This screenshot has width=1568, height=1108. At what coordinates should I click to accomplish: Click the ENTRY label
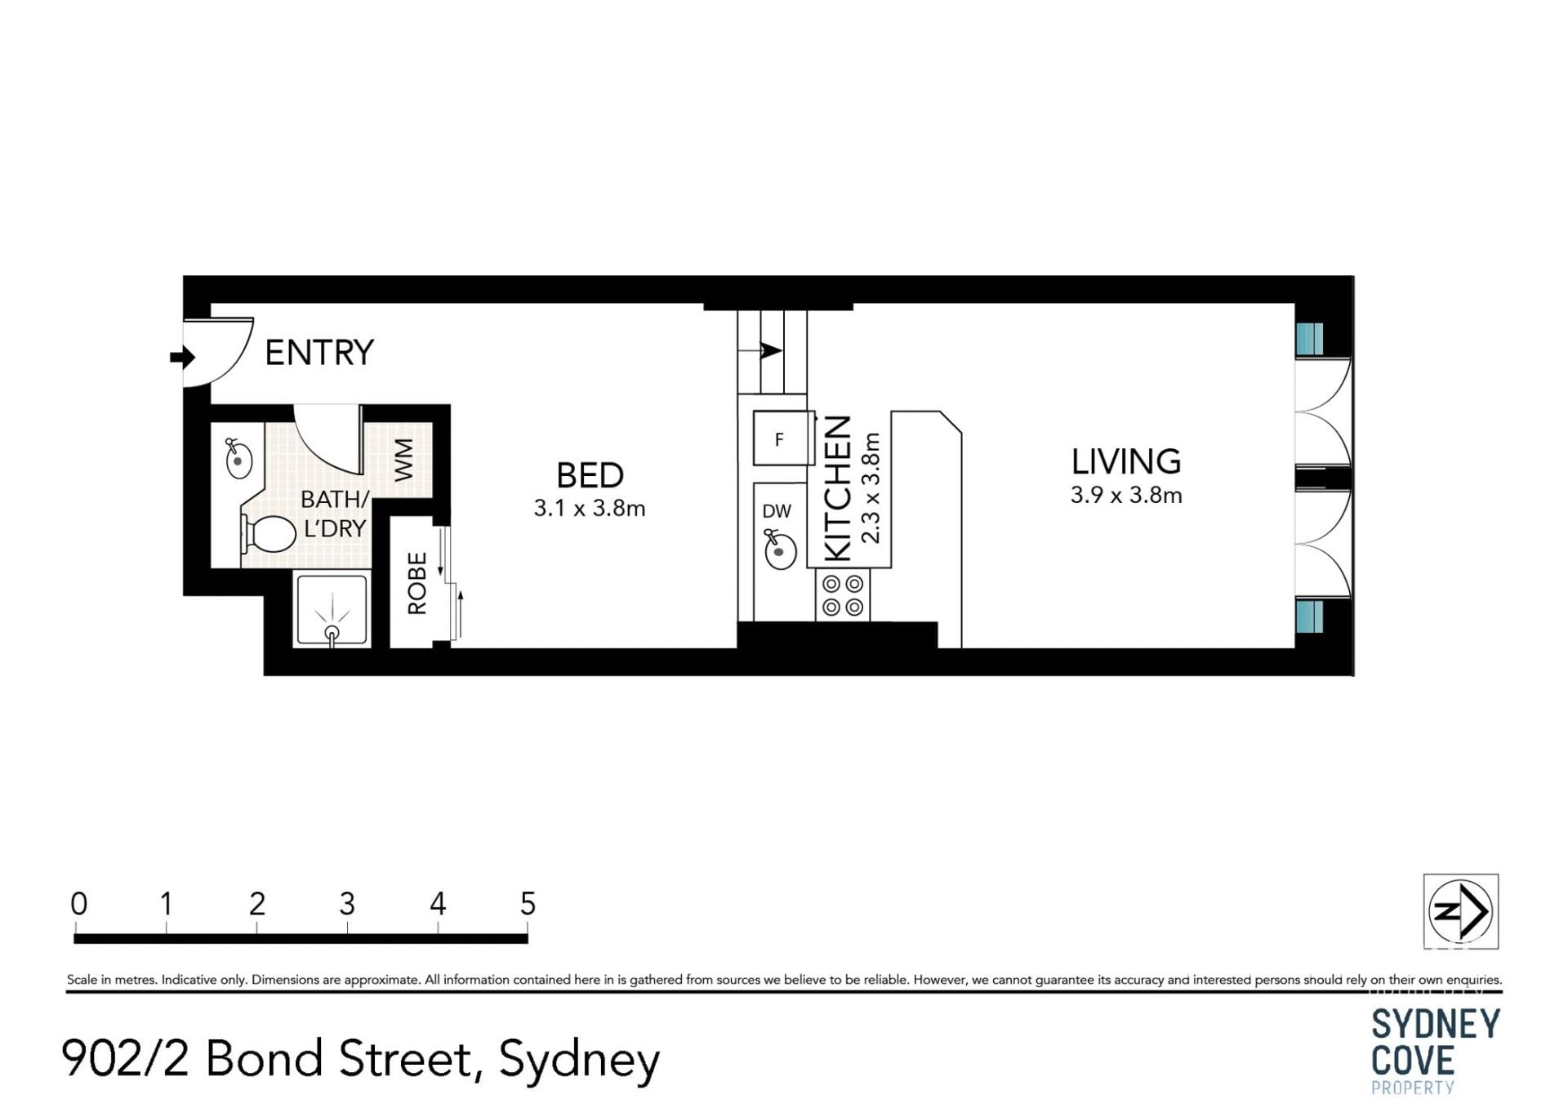319,353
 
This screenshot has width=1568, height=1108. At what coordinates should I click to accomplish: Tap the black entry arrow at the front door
182,357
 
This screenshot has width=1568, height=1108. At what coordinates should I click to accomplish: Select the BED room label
590,475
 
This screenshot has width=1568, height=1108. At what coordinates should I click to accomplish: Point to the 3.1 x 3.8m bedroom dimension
590,509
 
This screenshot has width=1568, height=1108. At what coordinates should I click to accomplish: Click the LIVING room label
1126,462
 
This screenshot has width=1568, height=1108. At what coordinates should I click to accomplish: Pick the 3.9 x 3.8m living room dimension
1126,496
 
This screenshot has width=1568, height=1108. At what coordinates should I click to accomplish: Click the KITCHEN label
839,488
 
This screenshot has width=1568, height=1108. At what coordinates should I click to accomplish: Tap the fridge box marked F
782,438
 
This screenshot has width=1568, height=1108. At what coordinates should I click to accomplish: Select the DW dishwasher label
777,511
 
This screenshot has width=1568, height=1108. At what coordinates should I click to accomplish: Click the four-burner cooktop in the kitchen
843,595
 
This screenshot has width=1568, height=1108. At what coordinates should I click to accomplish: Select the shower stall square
332,610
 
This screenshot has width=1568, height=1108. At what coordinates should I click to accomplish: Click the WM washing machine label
404,460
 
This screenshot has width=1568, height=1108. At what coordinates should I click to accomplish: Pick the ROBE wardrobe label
417,583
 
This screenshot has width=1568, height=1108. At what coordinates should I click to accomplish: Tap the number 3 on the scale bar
347,904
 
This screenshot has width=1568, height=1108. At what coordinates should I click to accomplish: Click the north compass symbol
1460,911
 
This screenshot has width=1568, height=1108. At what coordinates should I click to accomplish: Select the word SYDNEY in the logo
1436,1024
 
